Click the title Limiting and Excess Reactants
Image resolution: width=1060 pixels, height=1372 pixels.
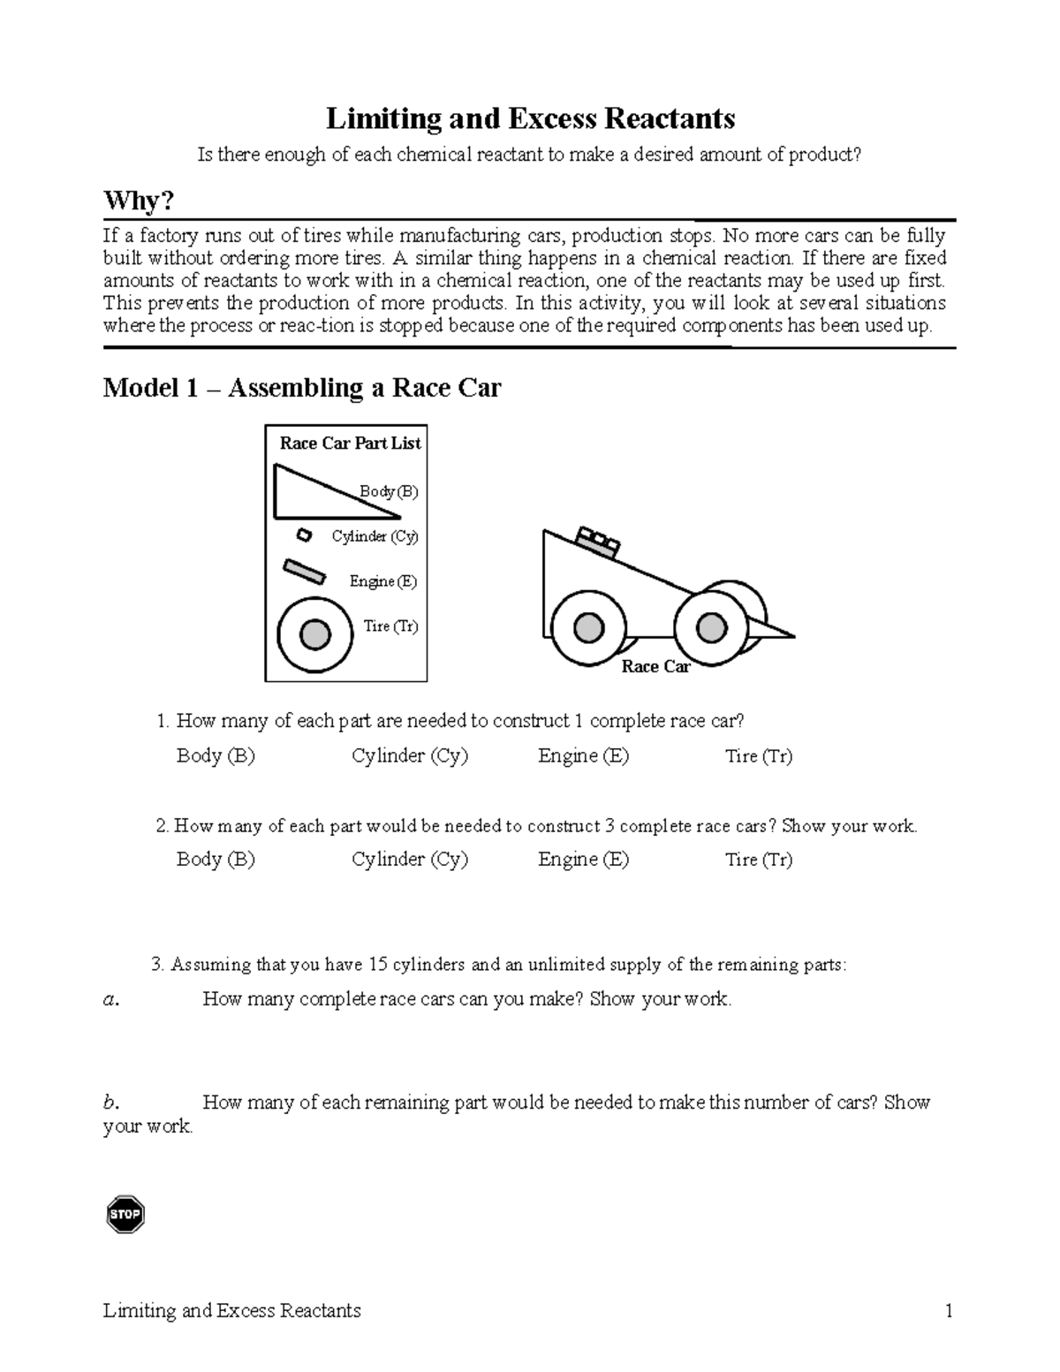530,118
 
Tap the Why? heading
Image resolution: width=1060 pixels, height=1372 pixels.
139,201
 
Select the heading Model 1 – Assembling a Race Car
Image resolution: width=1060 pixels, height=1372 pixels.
302,388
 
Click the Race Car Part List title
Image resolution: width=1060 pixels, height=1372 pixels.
350,443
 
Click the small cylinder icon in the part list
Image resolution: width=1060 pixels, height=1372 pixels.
304,535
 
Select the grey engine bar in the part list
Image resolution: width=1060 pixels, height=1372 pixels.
303,571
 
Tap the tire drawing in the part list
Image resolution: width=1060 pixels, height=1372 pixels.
315,634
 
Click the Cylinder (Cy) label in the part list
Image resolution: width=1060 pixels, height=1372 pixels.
375,536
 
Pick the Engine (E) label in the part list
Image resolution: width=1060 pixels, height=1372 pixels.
382,581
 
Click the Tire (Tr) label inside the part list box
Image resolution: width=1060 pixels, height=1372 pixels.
390,626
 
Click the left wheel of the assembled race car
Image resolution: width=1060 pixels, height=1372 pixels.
587,629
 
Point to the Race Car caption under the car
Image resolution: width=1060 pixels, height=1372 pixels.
655,667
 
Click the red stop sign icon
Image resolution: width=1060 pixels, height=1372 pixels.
125,1215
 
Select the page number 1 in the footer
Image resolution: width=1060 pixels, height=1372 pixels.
949,1310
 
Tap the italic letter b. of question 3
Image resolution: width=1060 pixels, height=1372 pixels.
110,1102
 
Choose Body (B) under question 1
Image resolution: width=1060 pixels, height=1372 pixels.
216,756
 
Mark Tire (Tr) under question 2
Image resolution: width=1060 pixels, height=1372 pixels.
758,860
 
